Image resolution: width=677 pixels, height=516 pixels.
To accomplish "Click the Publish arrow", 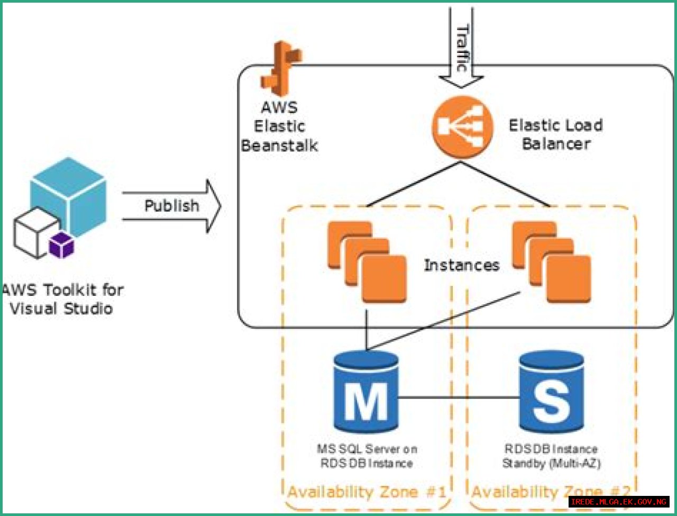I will pos(172,206).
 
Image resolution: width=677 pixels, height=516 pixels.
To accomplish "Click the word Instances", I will pos(461,265).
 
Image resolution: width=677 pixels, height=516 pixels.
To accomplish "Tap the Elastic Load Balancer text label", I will pos(556,134).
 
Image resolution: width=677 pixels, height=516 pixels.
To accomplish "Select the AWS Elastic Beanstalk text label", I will pos(280,126).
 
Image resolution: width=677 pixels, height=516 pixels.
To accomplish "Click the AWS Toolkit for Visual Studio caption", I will pos(62,299).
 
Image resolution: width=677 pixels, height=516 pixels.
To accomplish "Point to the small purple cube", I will pos(62,246).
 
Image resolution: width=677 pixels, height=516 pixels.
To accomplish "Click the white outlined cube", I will pos(34,233).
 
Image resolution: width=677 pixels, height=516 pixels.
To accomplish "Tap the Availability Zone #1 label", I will pos(366,492).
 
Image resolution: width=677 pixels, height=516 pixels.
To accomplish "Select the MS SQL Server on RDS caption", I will pos(367,456).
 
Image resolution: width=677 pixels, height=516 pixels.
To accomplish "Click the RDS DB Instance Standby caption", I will pos(551,456).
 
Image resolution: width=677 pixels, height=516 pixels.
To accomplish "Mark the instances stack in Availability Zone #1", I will pos(367,261).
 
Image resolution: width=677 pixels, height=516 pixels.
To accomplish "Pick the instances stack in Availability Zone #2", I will pos(551,261).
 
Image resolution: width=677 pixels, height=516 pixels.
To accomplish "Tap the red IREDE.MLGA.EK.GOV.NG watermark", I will pos(619,501).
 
